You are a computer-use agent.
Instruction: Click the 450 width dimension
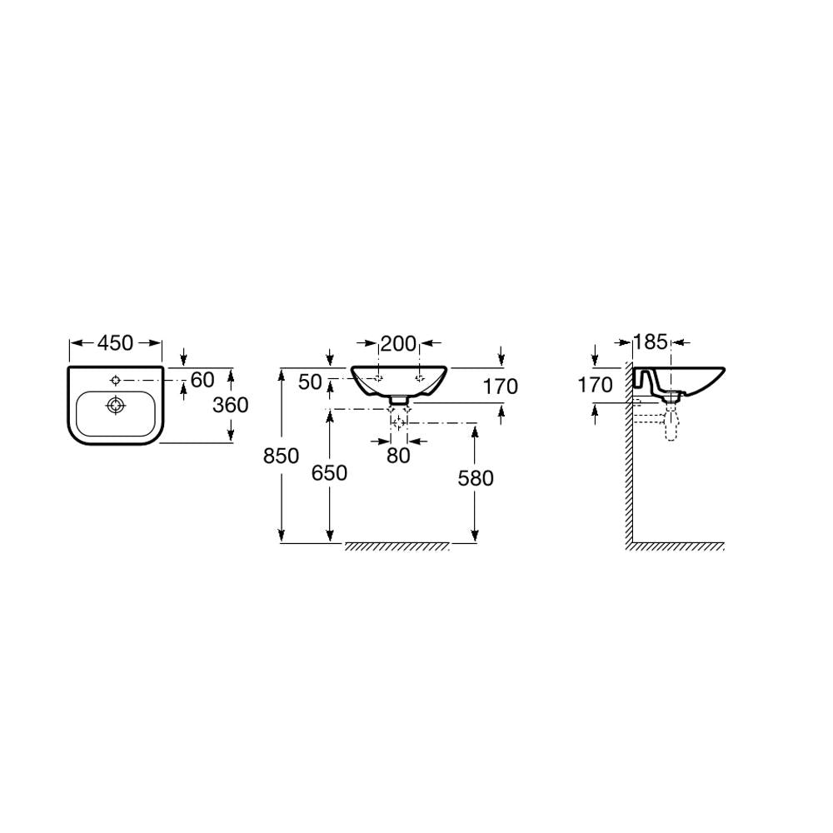click(x=115, y=343)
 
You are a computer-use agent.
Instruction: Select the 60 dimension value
click(x=202, y=380)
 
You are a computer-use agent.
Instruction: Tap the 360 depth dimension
click(x=231, y=405)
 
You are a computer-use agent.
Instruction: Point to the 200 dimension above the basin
click(x=398, y=344)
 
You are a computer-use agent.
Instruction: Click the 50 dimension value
click(x=310, y=382)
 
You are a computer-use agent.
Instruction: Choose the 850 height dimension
click(x=281, y=456)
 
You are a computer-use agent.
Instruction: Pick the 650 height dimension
click(x=329, y=473)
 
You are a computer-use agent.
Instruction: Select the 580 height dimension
click(x=476, y=478)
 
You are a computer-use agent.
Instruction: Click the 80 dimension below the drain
click(x=398, y=456)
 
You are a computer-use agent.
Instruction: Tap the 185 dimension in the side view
click(x=651, y=342)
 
